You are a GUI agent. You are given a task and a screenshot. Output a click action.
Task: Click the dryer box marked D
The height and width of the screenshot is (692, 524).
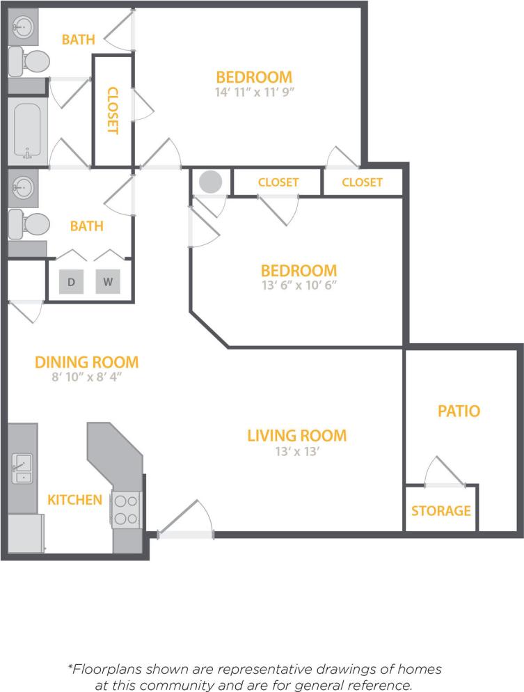[x=71, y=282]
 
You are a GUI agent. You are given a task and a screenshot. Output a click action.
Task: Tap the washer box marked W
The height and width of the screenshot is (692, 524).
[x=108, y=282]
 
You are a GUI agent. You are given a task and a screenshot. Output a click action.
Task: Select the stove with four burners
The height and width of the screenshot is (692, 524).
[x=126, y=510]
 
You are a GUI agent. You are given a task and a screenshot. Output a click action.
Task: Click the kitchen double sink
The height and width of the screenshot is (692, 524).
[x=22, y=469]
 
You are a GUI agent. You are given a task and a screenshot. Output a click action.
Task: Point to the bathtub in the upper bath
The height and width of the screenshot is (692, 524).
[x=28, y=131]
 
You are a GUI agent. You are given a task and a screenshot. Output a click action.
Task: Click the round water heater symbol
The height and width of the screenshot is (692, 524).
[x=211, y=182]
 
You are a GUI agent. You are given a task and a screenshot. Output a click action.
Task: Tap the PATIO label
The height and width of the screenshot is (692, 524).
[x=459, y=411]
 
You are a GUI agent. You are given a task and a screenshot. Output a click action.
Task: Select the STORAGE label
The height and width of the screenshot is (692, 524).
[x=440, y=511]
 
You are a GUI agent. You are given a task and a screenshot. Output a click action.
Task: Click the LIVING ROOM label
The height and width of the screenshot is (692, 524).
[x=296, y=436]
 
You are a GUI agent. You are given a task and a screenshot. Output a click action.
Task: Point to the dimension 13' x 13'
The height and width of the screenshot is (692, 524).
[x=296, y=451]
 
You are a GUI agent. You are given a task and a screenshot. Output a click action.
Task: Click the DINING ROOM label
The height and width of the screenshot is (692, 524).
[x=87, y=362]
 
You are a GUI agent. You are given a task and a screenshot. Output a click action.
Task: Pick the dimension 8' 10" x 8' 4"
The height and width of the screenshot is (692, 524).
[x=87, y=377]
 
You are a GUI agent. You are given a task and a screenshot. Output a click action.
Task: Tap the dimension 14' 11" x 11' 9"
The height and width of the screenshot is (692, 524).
[x=254, y=91]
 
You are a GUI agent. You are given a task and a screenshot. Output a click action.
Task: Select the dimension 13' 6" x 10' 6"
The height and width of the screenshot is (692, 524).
[x=299, y=284]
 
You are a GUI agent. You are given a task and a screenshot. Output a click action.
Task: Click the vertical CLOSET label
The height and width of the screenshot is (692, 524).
[x=113, y=110]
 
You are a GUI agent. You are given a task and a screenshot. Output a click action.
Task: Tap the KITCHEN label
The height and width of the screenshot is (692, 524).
[x=74, y=499]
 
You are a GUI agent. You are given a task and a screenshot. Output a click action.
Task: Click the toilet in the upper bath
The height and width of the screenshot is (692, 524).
[x=29, y=62]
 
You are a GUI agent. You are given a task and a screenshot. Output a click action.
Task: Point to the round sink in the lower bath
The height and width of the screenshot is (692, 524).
[x=23, y=187]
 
